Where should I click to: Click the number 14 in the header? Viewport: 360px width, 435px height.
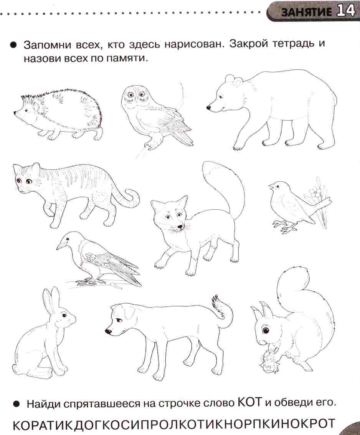coord(346,11)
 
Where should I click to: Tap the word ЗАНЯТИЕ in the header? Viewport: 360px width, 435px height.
coord(306,12)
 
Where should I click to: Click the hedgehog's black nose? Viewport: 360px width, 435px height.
coord(15,112)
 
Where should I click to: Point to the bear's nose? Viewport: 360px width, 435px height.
coord(208,107)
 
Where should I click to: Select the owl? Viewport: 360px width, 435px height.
coord(155,116)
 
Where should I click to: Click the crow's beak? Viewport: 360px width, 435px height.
coord(61,245)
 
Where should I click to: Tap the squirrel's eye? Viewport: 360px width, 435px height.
coord(266,331)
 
